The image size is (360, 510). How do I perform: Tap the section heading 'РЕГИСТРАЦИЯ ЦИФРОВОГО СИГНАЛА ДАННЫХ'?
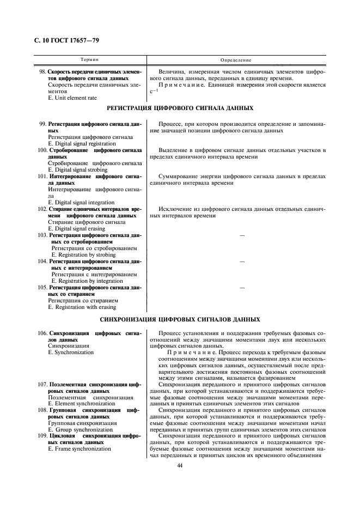click(x=179, y=110)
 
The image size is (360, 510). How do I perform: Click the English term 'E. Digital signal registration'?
click(x=82, y=143)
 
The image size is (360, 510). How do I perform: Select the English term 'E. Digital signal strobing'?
click(x=79, y=169)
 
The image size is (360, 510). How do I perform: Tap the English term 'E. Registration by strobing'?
click(x=83, y=254)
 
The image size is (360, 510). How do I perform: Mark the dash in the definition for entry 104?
click(x=242, y=262)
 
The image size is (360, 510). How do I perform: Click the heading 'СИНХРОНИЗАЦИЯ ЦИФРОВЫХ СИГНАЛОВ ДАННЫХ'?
click(x=179, y=319)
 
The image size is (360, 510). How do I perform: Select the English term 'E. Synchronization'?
click(x=71, y=352)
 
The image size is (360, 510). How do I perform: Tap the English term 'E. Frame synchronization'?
click(x=79, y=448)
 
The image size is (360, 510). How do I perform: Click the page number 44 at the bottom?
click(x=179, y=465)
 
